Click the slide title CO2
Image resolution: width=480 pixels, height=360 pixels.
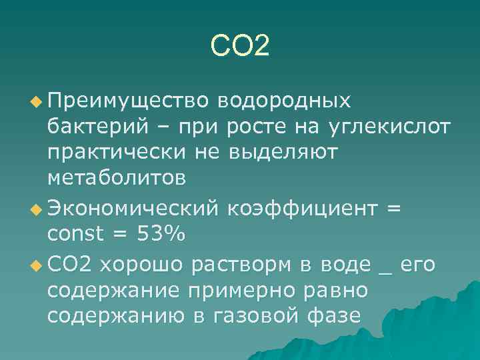click(239, 46)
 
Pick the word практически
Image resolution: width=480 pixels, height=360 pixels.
click(117, 153)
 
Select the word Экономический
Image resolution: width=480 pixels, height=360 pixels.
click(133, 209)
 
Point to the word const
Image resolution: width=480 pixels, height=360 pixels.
click(75, 235)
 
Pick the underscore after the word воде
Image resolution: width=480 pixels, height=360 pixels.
click(385, 270)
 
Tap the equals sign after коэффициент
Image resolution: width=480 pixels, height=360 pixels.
click(393, 209)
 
